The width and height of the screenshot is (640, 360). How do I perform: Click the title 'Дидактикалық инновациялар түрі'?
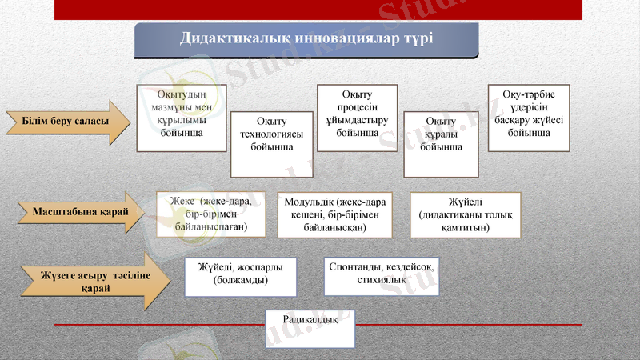(306, 39)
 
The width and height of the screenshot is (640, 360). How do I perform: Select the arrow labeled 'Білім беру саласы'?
(67, 122)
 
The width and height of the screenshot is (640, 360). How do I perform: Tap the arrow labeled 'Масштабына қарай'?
(81, 213)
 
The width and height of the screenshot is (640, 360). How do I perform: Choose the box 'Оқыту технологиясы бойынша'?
(271, 144)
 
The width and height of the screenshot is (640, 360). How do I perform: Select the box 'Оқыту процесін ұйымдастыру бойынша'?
(358, 118)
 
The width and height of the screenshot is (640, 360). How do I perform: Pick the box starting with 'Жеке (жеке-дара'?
(210, 214)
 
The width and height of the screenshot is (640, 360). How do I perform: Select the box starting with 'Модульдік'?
(334, 214)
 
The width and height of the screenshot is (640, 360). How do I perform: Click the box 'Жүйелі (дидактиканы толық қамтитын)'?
(465, 214)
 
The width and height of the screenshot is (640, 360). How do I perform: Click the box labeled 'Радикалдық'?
(310, 329)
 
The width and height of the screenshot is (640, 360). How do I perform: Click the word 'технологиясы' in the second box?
(271, 134)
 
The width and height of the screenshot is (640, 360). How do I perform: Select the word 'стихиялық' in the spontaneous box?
(382, 280)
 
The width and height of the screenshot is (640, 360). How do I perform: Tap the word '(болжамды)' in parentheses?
(240, 281)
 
